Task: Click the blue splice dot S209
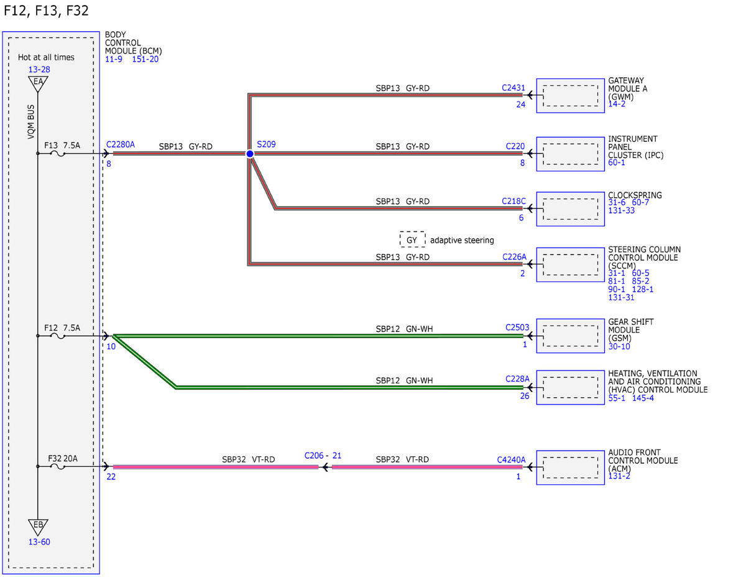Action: tap(250, 154)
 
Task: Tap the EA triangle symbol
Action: tap(38, 83)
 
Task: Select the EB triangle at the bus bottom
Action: tap(38, 527)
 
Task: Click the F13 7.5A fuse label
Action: tap(62, 146)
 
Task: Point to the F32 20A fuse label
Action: tap(63, 459)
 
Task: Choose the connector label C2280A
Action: tap(120, 144)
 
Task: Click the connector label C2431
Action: tap(513, 88)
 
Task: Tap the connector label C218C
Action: tap(513, 201)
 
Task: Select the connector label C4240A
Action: tap(511, 459)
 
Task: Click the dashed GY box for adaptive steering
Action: tap(412, 239)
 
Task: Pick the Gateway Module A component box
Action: tap(570, 95)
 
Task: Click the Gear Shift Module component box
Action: tap(570, 335)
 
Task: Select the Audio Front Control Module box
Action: tap(570, 467)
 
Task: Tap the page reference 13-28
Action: tap(39, 70)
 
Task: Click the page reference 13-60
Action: tap(39, 542)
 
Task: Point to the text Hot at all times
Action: tap(46, 57)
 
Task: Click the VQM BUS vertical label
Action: tap(31, 121)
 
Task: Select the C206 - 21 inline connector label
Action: tap(323, 456)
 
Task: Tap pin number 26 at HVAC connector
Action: tap(525, 396)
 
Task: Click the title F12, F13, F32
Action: tap(46, 11)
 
